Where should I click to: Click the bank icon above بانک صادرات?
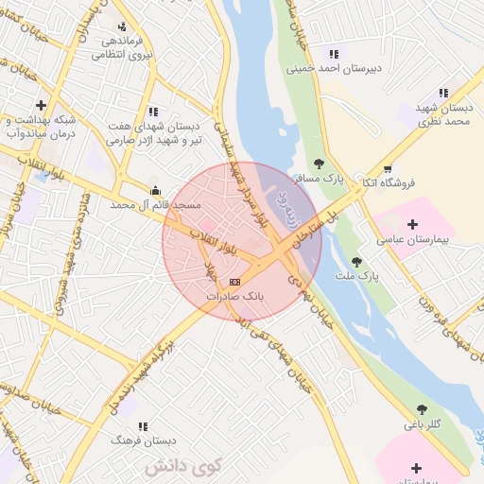tap(234, 282)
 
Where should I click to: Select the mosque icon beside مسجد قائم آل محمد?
tap(156, 189)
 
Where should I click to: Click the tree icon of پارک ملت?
tap(356, 262)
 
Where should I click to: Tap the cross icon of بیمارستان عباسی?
tap(412, 225)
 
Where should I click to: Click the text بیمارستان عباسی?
tap(412, 241)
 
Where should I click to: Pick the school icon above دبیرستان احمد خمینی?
tap(333, 53)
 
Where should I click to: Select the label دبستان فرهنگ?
tap(145, 441)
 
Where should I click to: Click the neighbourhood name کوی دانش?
tap(182, 465)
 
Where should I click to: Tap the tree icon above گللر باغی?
tap(422, 409)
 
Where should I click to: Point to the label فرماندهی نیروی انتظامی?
tap(122, 48)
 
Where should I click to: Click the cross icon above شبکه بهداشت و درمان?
tap(40, 105)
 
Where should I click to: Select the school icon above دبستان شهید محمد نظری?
tap(443, 93)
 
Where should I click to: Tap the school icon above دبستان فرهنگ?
tap(144, 426)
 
